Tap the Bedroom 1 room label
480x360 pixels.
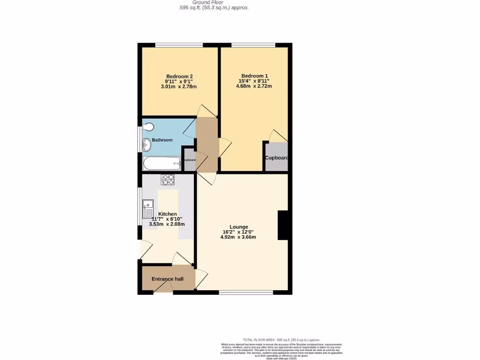pos(255,76)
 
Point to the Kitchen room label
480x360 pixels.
pos(167,214)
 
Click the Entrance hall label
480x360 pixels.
pos(167,279)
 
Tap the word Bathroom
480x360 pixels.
pos(162,140)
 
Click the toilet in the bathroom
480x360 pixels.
pos(149,127)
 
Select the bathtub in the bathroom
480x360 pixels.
pos(162,164)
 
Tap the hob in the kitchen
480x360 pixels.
pos(167,179)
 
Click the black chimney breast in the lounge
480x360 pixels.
pos(283,225)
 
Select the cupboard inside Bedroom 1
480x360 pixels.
pos(276,157)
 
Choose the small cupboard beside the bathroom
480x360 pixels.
pos(189,160)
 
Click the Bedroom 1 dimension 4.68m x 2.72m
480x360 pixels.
pos(255,86)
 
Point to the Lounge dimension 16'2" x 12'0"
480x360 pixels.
pos(238,232)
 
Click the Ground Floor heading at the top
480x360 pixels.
pos(214,2)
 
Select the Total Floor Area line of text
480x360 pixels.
pos(281,339)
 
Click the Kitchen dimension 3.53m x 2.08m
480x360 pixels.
pos(167,224)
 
